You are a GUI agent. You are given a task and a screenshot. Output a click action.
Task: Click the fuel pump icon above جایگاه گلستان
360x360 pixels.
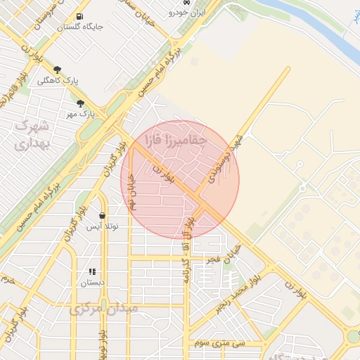point(79,15)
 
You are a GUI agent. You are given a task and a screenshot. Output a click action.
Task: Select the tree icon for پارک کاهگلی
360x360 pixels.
point(58,70)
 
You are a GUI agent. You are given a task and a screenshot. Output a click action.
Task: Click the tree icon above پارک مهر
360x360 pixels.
point(81,103)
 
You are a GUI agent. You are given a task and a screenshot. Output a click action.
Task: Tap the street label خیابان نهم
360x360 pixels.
point(131,190)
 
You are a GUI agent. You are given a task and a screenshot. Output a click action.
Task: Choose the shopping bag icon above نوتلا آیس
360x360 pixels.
point(103,216)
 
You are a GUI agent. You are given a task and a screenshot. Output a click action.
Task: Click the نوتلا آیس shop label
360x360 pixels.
point(103,226)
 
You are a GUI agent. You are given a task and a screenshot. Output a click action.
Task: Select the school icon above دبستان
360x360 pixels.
point(91,271)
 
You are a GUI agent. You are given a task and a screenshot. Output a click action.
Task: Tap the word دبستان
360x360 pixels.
point(91,282)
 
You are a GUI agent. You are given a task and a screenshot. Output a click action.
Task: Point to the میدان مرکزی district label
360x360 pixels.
point(103,308)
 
